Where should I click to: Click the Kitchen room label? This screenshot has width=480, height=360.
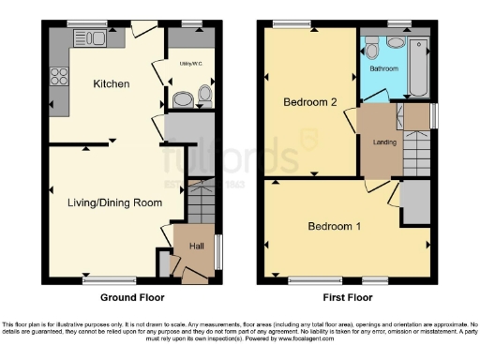click(x=111, y=84)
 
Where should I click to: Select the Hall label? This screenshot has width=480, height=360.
click(x=197, y=246)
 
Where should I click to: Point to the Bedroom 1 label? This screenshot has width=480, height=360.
click(x=335, y=226)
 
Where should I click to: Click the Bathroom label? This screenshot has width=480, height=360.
click(x=383, y=68)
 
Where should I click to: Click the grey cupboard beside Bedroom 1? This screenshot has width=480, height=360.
click(x=412, y=204)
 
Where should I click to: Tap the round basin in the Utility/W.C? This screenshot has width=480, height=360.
click(x=183, y=97)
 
